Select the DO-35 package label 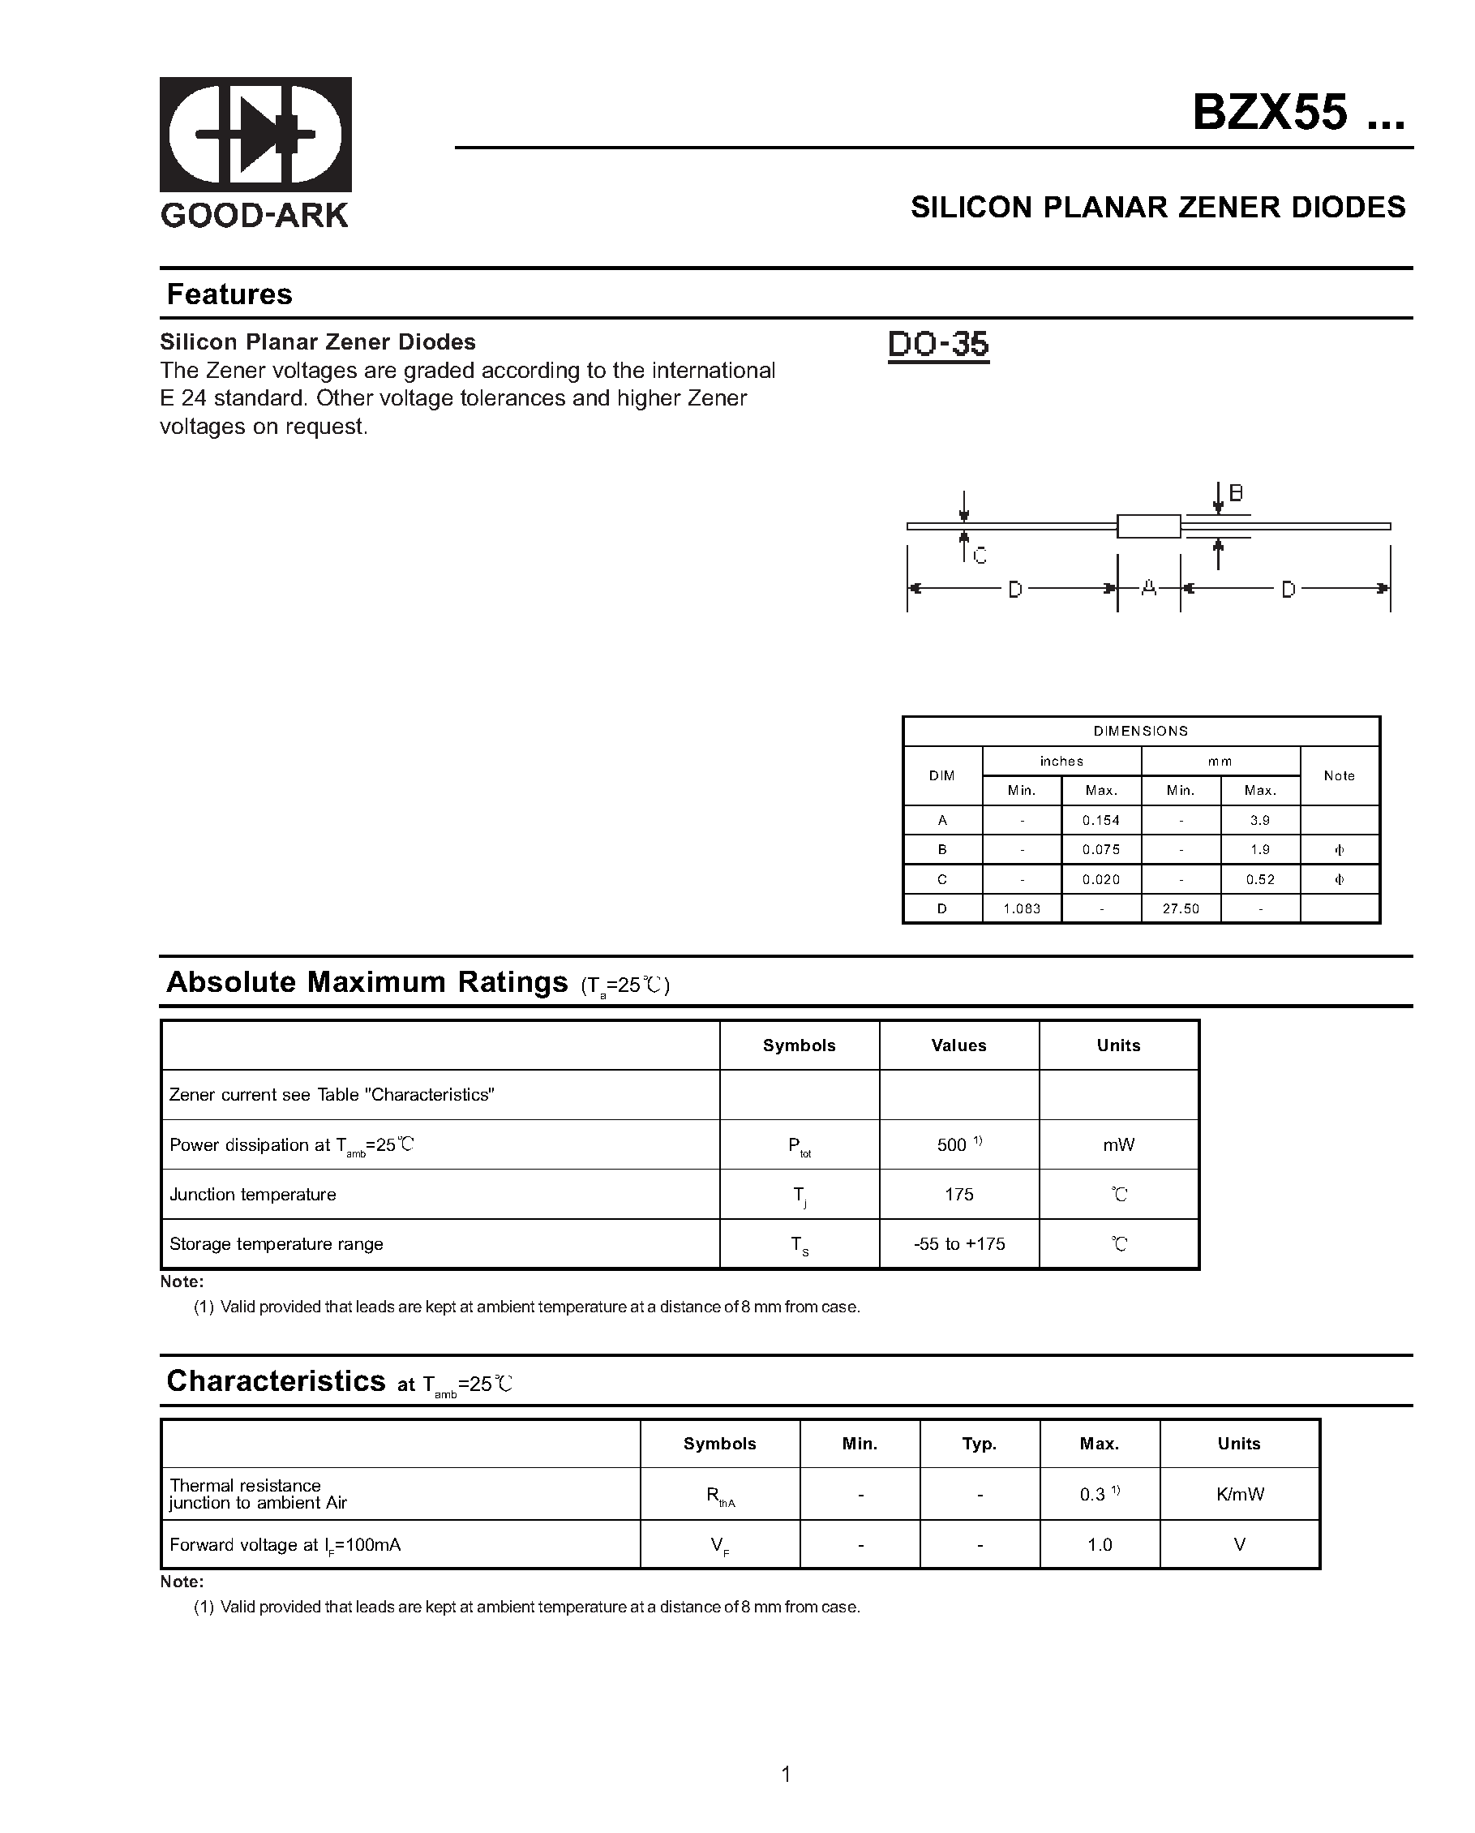tap(937, 345)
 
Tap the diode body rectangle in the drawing tap(1147, 526)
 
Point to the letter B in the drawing tap(1236, 493)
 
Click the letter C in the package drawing tap(980, 557)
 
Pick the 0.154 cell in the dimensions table tap(1101, 821)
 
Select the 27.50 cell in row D tap(1181, 909)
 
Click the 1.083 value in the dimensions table tap(1022, 909)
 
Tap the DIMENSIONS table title tap(1141, 731)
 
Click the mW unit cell tap(1119, 1145)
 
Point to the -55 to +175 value tap(959, 1244)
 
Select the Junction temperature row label tap(252, 1195)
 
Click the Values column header tap(958, 1045)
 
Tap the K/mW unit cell tap(1240, 1495)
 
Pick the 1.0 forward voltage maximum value tap(1100, 1545)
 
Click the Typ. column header tap(980, 1444)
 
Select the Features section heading tap(229, 294)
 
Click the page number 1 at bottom tap(786, 1775)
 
